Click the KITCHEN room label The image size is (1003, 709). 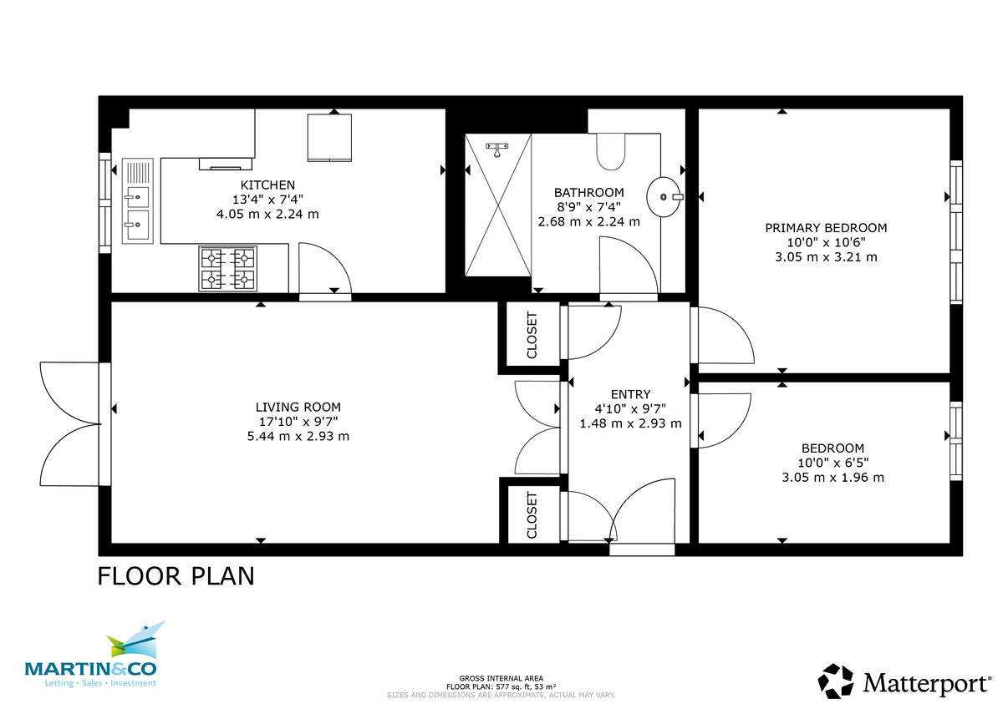point(267,185)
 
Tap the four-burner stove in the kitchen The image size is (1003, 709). point(227,268)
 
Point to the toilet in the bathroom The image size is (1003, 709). point(611,150)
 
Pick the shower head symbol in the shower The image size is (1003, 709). point(497,149)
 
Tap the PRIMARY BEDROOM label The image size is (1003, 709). point(826,227)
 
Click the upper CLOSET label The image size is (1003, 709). point(532,335)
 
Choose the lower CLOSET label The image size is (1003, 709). point(532,514)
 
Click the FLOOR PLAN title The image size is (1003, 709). point(176,576)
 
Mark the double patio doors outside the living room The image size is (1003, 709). point(71,424)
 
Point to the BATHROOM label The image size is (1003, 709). point(588,192)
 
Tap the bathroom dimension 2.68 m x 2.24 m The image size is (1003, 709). point(588,221)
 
